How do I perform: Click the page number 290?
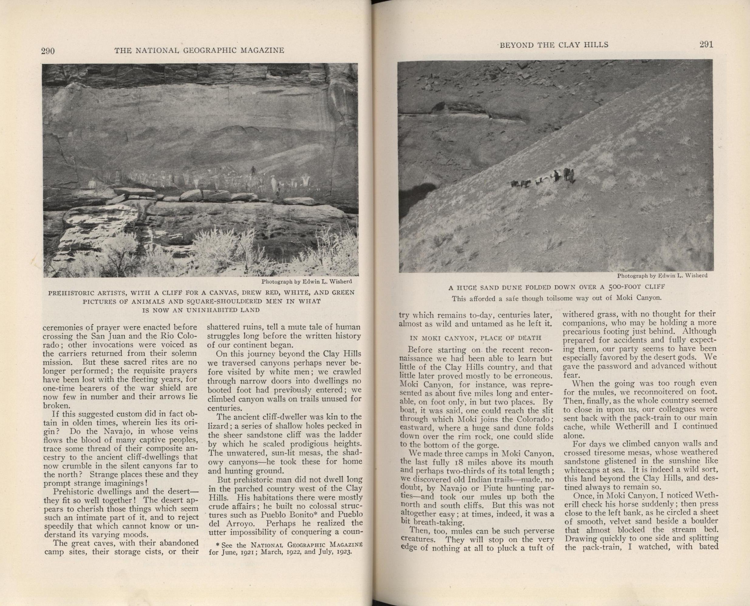48,51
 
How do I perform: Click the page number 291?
706,45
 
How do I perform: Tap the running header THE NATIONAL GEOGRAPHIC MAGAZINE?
199,51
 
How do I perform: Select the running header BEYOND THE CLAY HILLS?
554,45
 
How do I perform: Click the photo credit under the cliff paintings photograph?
307,281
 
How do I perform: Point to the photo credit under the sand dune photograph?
662,276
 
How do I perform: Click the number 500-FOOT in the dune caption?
608,287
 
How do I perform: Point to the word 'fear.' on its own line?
570,374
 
